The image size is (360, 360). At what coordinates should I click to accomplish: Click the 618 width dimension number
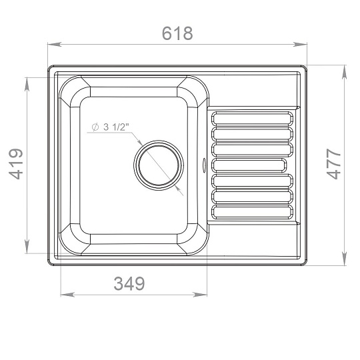[177, 33]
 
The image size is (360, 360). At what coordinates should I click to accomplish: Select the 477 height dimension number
[333, 164]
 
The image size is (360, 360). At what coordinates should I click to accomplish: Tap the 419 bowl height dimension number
[16, 164]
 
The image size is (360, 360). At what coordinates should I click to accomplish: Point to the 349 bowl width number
[129, 283]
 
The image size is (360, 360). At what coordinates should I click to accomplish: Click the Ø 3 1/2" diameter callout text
[111, 127]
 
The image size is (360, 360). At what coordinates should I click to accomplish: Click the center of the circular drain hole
[159, 165]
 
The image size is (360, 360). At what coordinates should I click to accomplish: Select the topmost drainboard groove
[252, 118]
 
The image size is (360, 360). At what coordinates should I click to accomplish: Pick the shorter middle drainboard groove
[249, 165]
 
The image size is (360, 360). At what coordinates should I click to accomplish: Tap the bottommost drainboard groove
[252, 212]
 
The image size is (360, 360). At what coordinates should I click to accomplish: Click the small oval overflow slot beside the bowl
[203, 165]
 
